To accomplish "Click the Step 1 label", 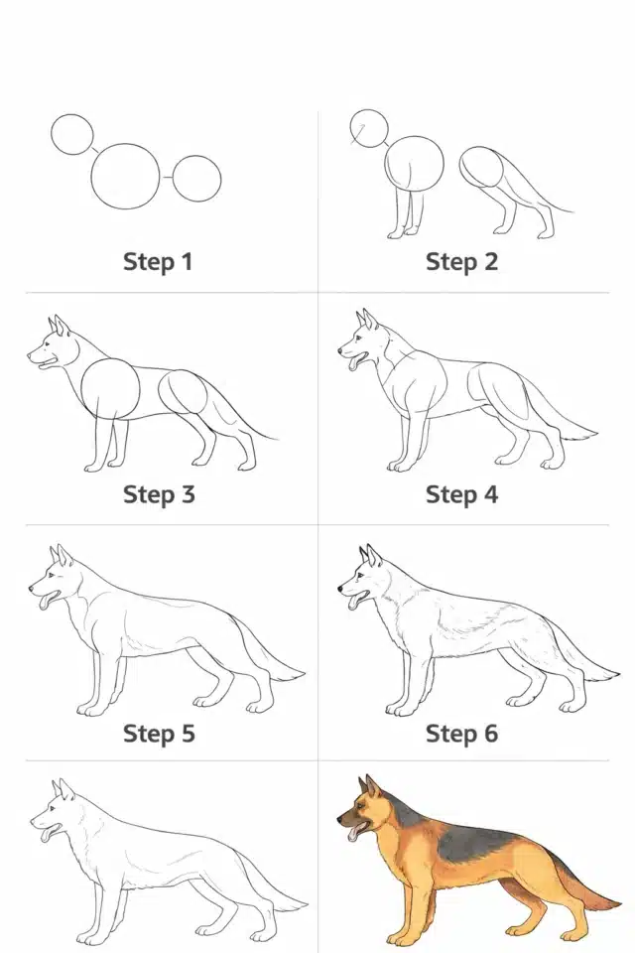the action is point(158,262).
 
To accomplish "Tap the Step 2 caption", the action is point(461,262).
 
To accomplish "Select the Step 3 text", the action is point(159,494).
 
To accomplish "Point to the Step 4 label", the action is point(461,494).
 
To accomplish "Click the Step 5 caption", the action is point(159,733).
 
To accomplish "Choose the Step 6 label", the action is point(461,733).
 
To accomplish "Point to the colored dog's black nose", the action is point(339,820).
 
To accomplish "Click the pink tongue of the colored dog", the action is point(353,835).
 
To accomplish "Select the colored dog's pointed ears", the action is point(371,786).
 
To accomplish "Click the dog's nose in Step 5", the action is point(32,588).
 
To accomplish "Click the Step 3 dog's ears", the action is point(60,326).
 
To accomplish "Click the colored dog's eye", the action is point(357,805).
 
